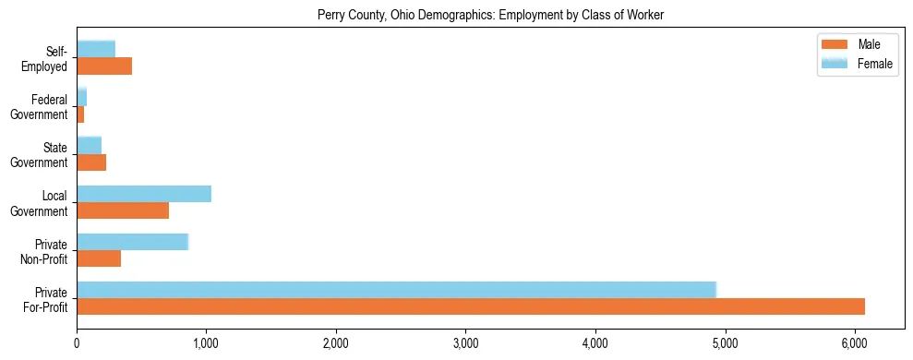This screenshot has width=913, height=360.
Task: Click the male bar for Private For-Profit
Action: [x=471, y=306]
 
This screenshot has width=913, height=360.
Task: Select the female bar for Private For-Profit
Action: [x=397, y=289]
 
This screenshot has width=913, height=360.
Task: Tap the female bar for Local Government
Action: [x=144, y=193]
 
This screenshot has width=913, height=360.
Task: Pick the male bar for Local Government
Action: [x=123, y=210]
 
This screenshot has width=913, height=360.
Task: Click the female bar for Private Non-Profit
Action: [x=132, y=241]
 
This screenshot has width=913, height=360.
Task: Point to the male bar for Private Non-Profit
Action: [x=99, y=258]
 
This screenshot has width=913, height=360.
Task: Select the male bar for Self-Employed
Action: [x=104, y=66]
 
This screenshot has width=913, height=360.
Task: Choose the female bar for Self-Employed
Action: [x=96, y=49]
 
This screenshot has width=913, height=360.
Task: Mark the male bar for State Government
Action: [x=91, y=162]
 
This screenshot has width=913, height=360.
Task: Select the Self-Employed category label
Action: [x=47, y=58]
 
